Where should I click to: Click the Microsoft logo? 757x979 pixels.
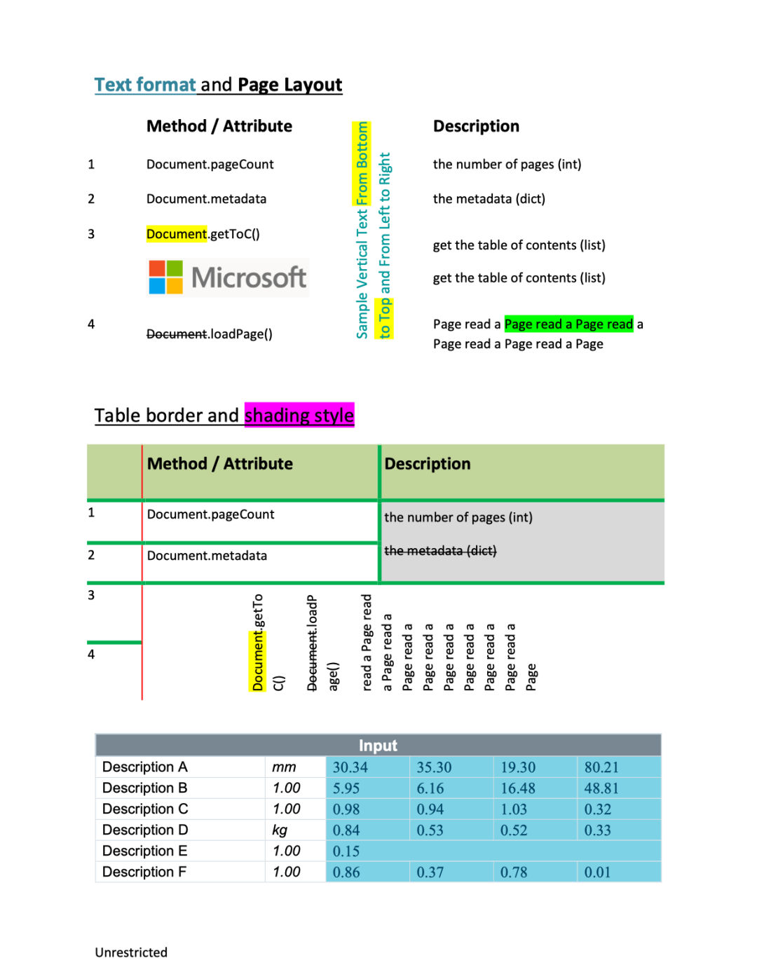pos(228,278)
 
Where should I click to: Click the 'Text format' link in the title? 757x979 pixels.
pos(145,85)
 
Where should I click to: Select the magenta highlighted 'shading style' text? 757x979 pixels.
pos(299,416)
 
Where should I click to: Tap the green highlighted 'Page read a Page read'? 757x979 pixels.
pos(568,324)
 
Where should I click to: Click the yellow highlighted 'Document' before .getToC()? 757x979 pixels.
pos(177,234)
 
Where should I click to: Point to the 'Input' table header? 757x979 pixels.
pos(378,746)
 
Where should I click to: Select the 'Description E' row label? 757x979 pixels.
pos(145,851)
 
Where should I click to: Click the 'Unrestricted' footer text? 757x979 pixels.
pos(131,952)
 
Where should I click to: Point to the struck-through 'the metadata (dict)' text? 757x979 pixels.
pos(440,551)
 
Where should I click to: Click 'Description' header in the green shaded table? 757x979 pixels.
pos(428,464)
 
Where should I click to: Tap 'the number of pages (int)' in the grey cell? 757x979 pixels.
pos(458,517)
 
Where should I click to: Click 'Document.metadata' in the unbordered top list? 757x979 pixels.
pos(206,199)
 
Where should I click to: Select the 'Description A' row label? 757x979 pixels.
pos(145,767)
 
